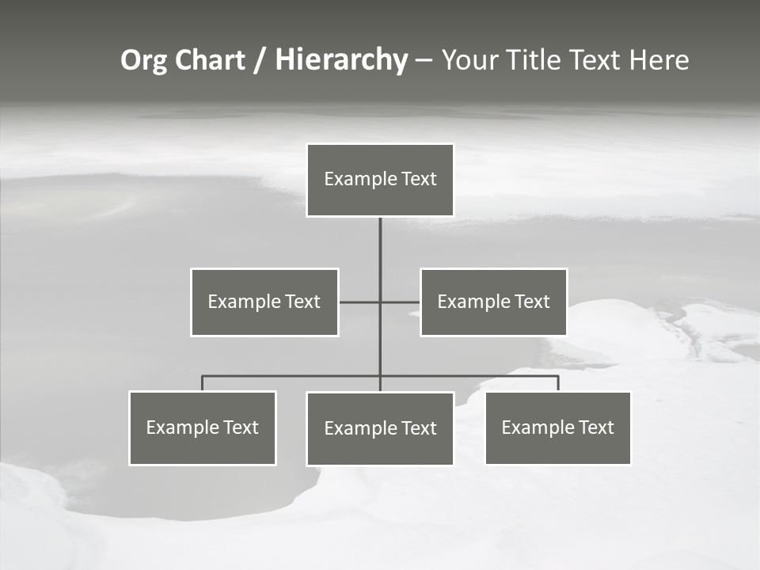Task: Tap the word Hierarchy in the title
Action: pos(341,60)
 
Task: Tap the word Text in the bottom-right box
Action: pos(595,427)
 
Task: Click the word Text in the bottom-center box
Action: pos(418,428)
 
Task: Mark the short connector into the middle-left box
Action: pos(359,302)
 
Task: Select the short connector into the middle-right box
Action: pos(401,302)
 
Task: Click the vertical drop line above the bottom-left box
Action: pos(203,383)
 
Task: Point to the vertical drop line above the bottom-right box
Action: pos(558,383)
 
